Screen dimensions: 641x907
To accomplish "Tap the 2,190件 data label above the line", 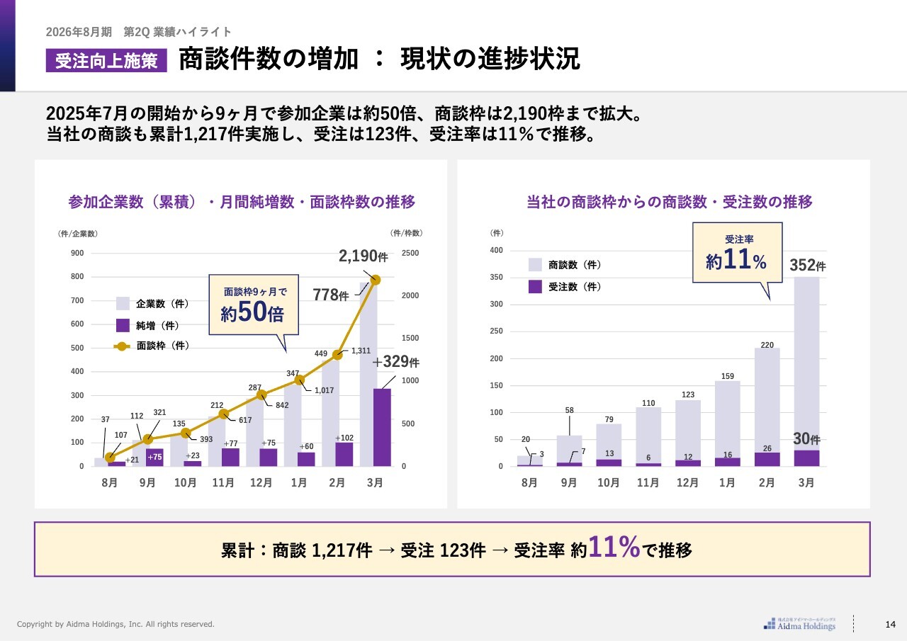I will pyautogui.click(x=363, y=256).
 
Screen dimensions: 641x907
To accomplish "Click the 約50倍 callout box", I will pyautogui.click(x=253, y=305).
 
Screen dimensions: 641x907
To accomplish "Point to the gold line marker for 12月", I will pyautogui.click(x=261, y=395).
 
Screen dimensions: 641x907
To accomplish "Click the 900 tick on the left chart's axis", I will pyautogui.click(x=77, y=254).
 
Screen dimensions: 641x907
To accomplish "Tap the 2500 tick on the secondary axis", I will pyautogui.click(x=410, y=254).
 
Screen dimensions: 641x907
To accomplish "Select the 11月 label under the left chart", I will pyautogui.click(x=223, y=483).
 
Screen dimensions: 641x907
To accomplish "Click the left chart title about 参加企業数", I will pyautogui.click(x=242, y=202).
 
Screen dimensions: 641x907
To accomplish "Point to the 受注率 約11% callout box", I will pyautogui.click(x=737, y=253).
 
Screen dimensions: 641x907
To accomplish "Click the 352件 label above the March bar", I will pyautogui.click(x=807, y=266).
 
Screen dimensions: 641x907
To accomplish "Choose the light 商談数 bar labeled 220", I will pyautogui.click(x=767, y=399).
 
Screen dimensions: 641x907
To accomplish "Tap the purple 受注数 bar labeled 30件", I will pyautogui.click(x=806, y=458).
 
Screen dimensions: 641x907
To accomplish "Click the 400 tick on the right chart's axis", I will pyautogui.click(x=497, y=251).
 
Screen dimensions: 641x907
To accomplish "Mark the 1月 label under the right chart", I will pyautogui.click(x=726, y=483).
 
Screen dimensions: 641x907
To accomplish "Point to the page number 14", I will pyautogui.click(x=891, y=624).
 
